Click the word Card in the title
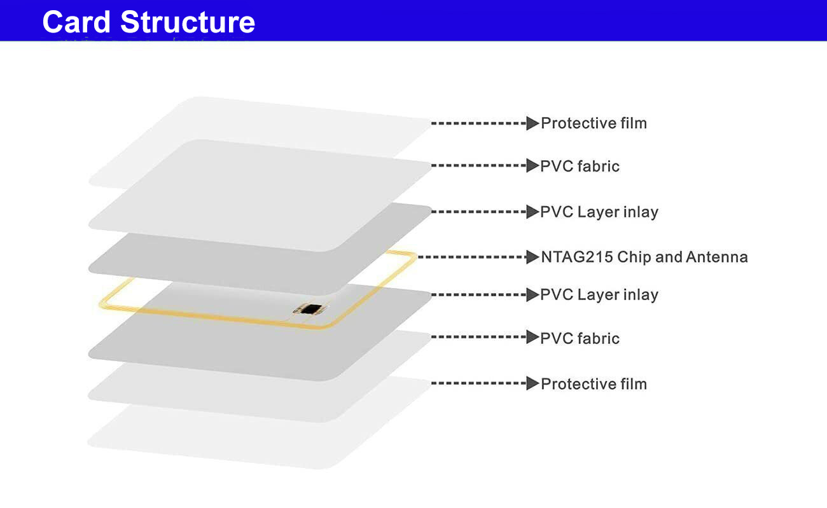coord(76,22)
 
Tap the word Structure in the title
coord(188,22)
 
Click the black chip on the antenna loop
coord(311,309)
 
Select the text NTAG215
coord(577,257)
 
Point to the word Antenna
coord(716,257)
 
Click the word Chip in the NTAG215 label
coord(634,257)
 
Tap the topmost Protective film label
coord(594,123)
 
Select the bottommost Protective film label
coord(594,384)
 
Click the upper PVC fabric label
coord(580,166)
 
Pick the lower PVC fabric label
coord(580,338)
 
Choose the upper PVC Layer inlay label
coord(599,212)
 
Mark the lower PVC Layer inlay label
coord(599,295)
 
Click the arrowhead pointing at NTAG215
coord(532,257)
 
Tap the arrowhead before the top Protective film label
coord(532,123)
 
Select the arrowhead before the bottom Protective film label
coord(532,383)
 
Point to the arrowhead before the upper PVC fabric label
coord(532,166)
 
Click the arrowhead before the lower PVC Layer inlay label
coord(532,295)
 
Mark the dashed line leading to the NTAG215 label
coord(472,257)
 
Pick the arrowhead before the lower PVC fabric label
coord(532,337)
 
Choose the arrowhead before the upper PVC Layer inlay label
coord(532,212)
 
